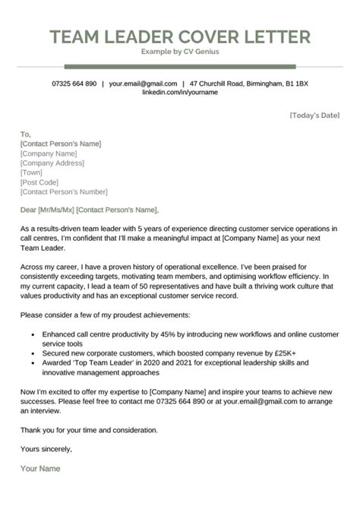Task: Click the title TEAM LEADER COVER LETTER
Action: pos(180,36)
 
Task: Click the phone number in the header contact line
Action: pos(74,83)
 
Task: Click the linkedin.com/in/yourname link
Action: pos(179,92)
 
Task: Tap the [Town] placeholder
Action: pos(32,172)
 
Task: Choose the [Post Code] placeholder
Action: pos(39,182)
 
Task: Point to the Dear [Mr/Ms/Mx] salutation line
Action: pos(90,210)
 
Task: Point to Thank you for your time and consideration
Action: pos(90,430)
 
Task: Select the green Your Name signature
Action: pos(40,469)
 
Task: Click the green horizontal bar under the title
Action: pos(179,66)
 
